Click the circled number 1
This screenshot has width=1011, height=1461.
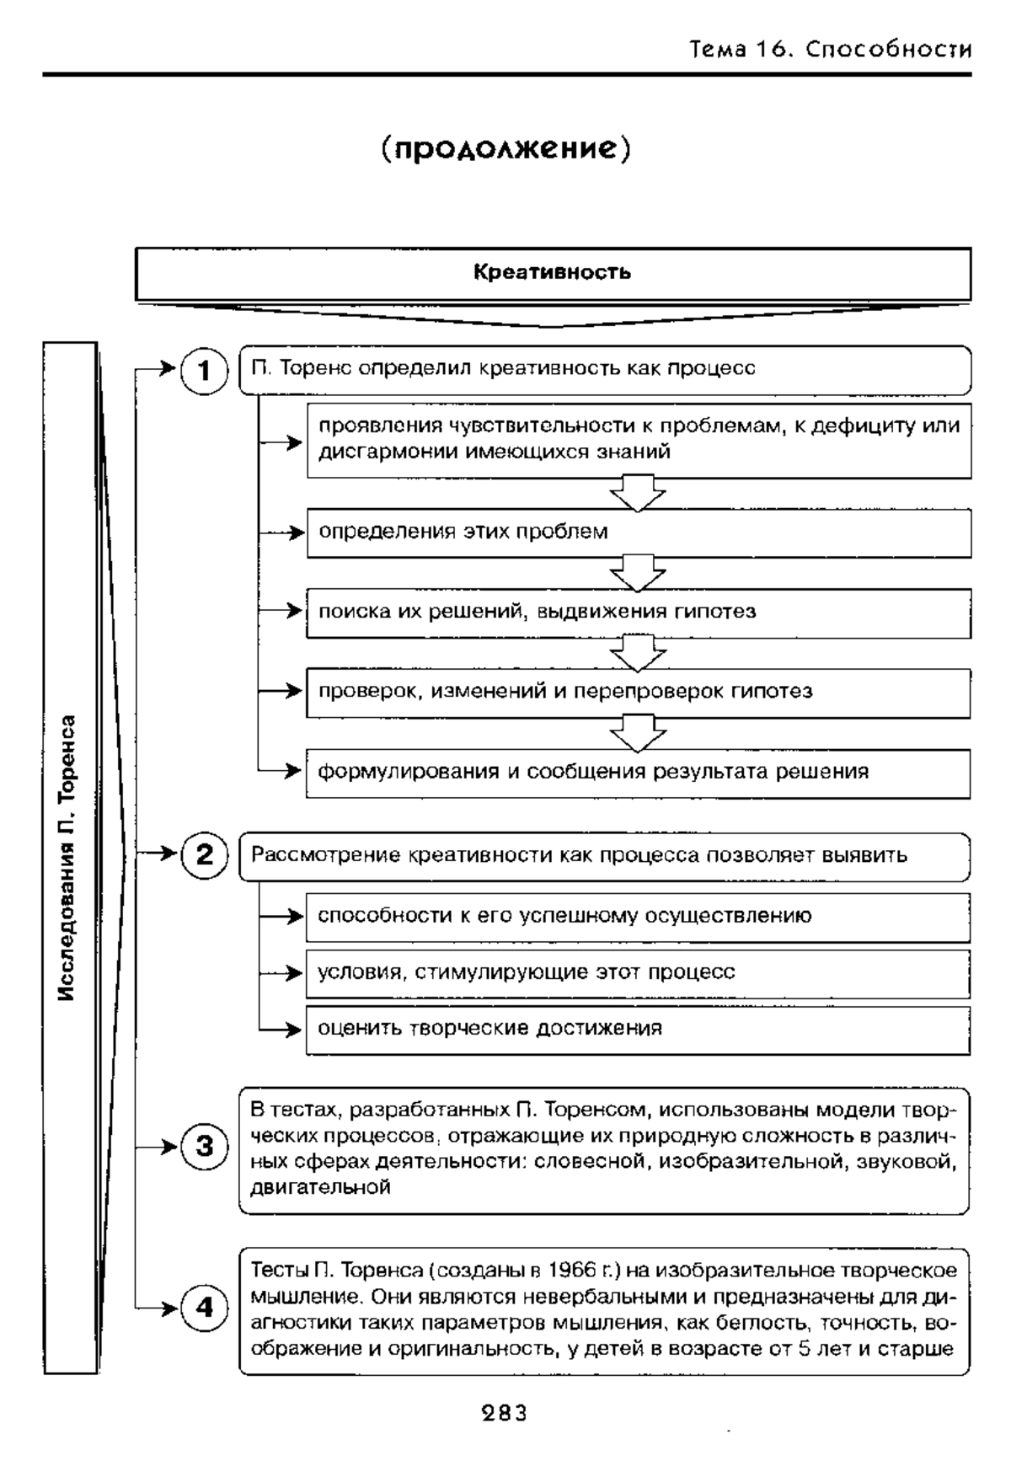[x=204, y=370]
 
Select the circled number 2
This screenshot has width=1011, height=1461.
[x=204, y=855]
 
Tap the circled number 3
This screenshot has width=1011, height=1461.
[x=204, y=1147]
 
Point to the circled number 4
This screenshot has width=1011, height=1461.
[x=204, y=1308]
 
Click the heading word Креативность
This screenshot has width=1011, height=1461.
[x=552, y=272]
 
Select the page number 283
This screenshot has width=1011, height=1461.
[x=505, y=1413]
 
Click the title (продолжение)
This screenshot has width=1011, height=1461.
[x=505, y=149]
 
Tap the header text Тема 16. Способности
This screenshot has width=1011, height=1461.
[x=830, y=50]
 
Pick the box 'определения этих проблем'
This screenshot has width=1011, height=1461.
[x=638, y=532]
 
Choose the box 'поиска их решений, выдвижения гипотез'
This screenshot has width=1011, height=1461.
[x=638, y=612]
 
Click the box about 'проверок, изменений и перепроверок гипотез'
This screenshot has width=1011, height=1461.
[x=638, y=692]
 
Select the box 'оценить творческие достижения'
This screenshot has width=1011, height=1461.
[x=638, y=1028]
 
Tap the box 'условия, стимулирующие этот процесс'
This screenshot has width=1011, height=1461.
[x=638, y=972]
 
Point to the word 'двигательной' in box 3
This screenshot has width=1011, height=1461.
[x=321, y=1188]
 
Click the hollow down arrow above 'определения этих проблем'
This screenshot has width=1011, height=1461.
[x=638, y=493]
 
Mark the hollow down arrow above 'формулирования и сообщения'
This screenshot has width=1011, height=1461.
[x=638, y=732]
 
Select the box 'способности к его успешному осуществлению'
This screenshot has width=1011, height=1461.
[x=638, y=916]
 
